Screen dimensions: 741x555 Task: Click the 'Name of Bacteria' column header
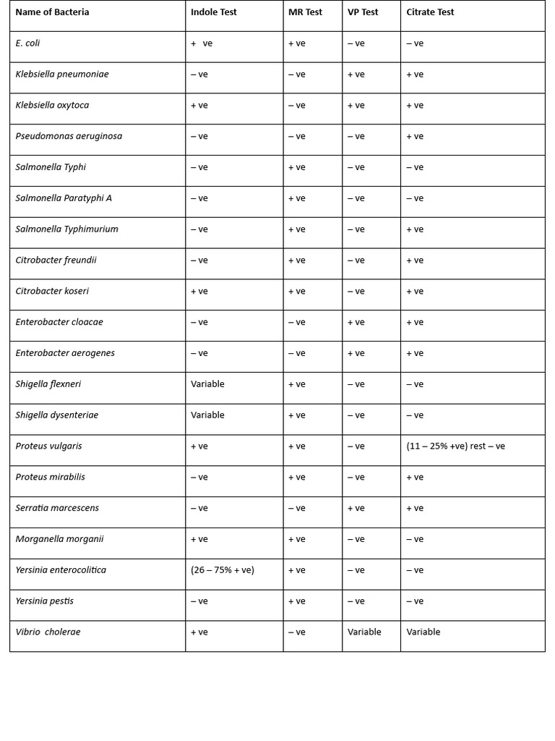pos(52,12)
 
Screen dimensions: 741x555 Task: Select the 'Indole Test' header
pos(213,12)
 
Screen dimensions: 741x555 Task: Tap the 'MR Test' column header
pos(305,12)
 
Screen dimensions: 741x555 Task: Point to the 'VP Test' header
pos(363,12)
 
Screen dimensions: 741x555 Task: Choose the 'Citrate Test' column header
pos(430,12)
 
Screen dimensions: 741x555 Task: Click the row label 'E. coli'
pos(27,43)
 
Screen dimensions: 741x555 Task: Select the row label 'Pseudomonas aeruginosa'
pos(69,136)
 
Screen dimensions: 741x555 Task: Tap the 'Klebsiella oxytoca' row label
pos(52,105)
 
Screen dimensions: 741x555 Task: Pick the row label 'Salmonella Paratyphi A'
pos(64,198)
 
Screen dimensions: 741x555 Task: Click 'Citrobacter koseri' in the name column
pos(52,291)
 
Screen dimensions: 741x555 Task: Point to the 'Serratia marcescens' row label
pos(57,508)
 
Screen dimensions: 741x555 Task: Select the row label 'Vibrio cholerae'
pos(48,632)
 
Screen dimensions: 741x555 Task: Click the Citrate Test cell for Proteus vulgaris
pos(455,446)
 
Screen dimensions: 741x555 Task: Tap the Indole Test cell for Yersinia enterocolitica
pos(223,570)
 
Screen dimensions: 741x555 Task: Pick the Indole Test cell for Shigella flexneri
pos(207,384)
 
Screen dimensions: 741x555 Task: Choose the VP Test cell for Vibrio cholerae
pos(364,632)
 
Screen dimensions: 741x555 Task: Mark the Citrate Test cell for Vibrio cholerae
pos(423,632)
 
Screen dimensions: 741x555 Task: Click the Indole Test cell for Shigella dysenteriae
pos(207,415)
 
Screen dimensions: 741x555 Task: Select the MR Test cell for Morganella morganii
pos(297,539)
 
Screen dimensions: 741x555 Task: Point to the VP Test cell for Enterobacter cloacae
pos(356,322)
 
